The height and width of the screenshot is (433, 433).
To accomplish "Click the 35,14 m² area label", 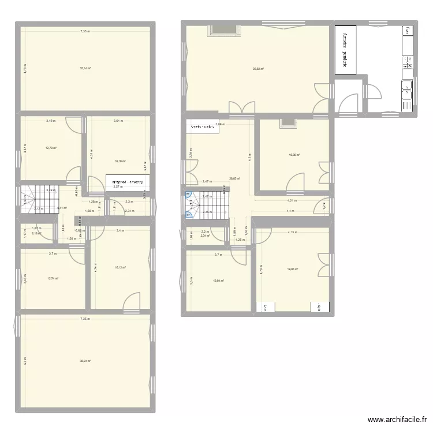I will pyautogui.click(x=85, y=68).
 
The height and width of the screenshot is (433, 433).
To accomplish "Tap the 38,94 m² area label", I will pyautogui.click(x=85, y=361).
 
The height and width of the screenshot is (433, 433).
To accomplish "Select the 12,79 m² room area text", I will pyautogui.click(x=51, y=148).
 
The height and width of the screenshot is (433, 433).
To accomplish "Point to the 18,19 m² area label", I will pyautogui.click(x=120, y=162).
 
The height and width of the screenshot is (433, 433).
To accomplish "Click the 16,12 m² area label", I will pyautogui.click(x=120, y=267).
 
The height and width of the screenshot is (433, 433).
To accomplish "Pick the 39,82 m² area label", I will pyautogui.click(x=258, y=69).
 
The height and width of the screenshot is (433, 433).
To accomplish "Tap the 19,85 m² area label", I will pyautogui.click(x=294, y=269).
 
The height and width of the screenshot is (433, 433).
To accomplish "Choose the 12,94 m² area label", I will pyautogui.click(x=218, y=281).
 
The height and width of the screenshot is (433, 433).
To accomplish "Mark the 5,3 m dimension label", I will pyautogui.click(x=25, y=362).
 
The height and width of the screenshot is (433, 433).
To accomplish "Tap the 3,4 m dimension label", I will pyautogui.click(x=119, y=231).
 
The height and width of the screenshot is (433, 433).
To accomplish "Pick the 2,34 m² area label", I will pyautogui.click(x=204, y=236).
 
